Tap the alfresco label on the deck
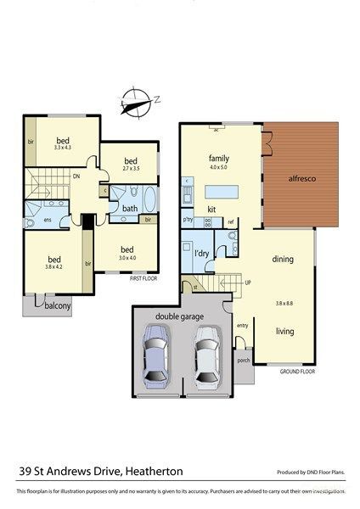[x=301, y=179]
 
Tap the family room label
[x=221, y=158]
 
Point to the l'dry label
[x=201, y=255]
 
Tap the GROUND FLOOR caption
[x=297, y=371]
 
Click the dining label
[x=283, y=260]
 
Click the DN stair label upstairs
[x=76, y=177]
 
